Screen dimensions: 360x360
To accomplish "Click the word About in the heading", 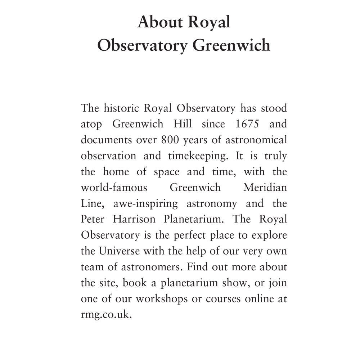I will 160,22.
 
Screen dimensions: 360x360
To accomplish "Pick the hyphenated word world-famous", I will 114,188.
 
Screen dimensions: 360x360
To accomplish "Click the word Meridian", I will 265,188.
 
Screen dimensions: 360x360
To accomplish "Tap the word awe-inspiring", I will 145,204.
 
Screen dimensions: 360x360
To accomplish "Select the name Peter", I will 93,219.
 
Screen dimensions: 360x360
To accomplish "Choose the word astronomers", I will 139,267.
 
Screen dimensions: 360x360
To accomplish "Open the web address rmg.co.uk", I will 104,315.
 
